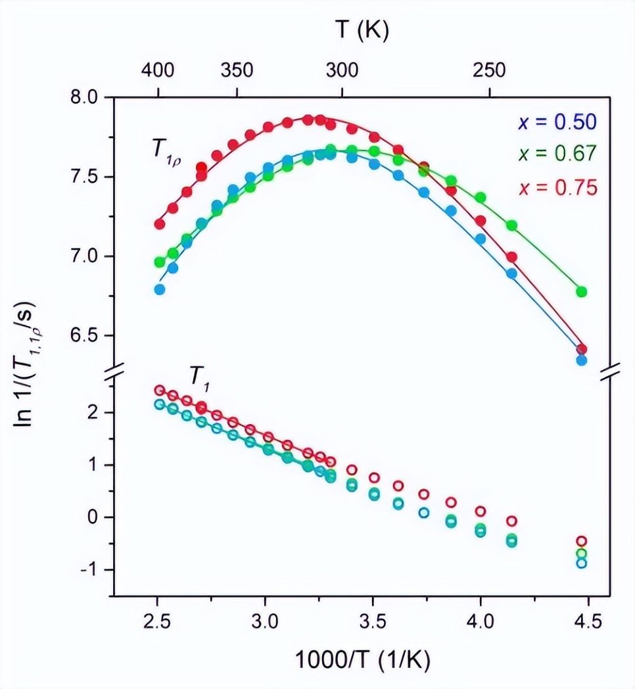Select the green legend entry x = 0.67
pos(557,154)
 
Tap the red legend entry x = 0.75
pos(557,187)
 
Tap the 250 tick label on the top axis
pos(491,70)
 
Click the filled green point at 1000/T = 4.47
pos(581,291)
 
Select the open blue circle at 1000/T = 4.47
pos(581,563)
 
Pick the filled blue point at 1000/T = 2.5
pos(159,289)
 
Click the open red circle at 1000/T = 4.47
pos(581,542)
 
